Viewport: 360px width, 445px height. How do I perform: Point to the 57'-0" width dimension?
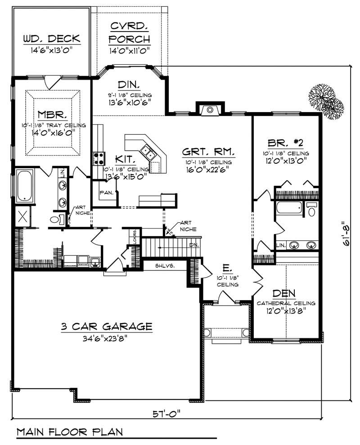[x=168, y=413]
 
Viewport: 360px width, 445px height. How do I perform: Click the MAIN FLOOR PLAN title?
[x=70, y=432]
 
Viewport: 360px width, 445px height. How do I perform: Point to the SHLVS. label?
[x=165, y=265]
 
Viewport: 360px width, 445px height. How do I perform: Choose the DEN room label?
[x=286, y=294]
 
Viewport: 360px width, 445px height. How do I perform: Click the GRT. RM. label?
[x=207, y=151]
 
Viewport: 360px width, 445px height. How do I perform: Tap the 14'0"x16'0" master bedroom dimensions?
[x=53, y=132]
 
